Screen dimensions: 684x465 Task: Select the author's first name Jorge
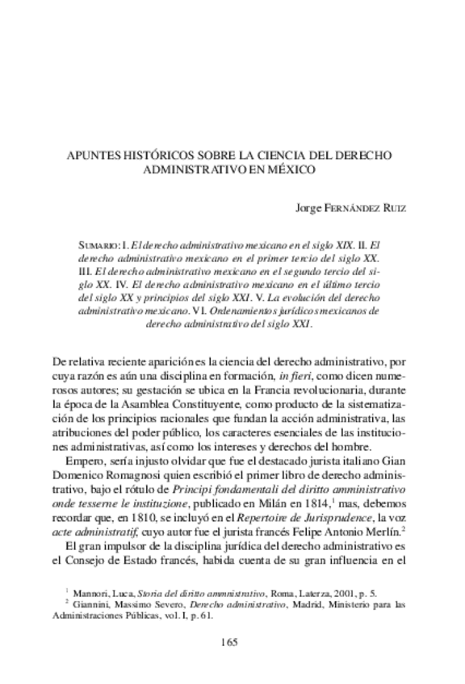[311, 207]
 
